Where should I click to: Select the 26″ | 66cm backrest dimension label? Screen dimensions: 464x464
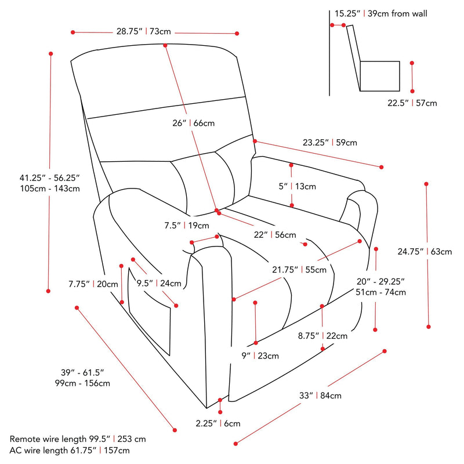[193, 123]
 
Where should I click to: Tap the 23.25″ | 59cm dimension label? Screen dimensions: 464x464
[329, 142]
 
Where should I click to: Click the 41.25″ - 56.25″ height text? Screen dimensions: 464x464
[49, 177]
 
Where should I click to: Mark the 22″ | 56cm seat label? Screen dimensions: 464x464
[275, 235]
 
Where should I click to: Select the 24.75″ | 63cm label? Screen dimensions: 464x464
[425, 252]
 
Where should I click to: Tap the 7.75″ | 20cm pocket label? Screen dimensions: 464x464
[93, 284]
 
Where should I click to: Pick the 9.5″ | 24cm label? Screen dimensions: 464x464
[159, 284]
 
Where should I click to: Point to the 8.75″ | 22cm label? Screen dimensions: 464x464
[322, 336]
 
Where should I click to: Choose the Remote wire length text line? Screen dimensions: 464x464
[78, 440]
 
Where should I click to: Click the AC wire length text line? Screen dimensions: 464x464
[70, 450]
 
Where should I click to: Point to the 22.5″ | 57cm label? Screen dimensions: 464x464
[412, 103]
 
